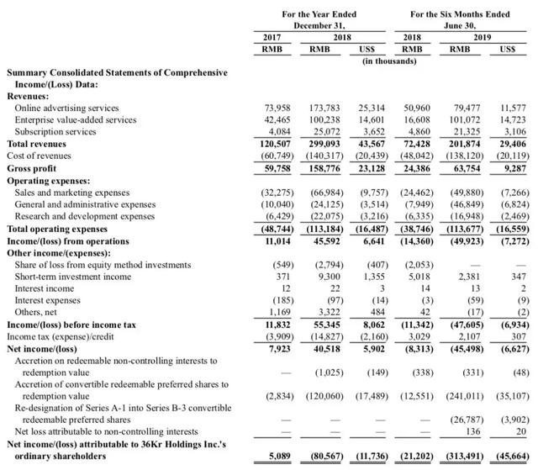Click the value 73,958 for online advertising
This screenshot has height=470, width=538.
click(x=277, y=108)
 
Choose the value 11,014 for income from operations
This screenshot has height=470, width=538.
click(x=277, y=240)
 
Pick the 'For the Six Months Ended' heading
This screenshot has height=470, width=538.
click(x=459, y=14)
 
